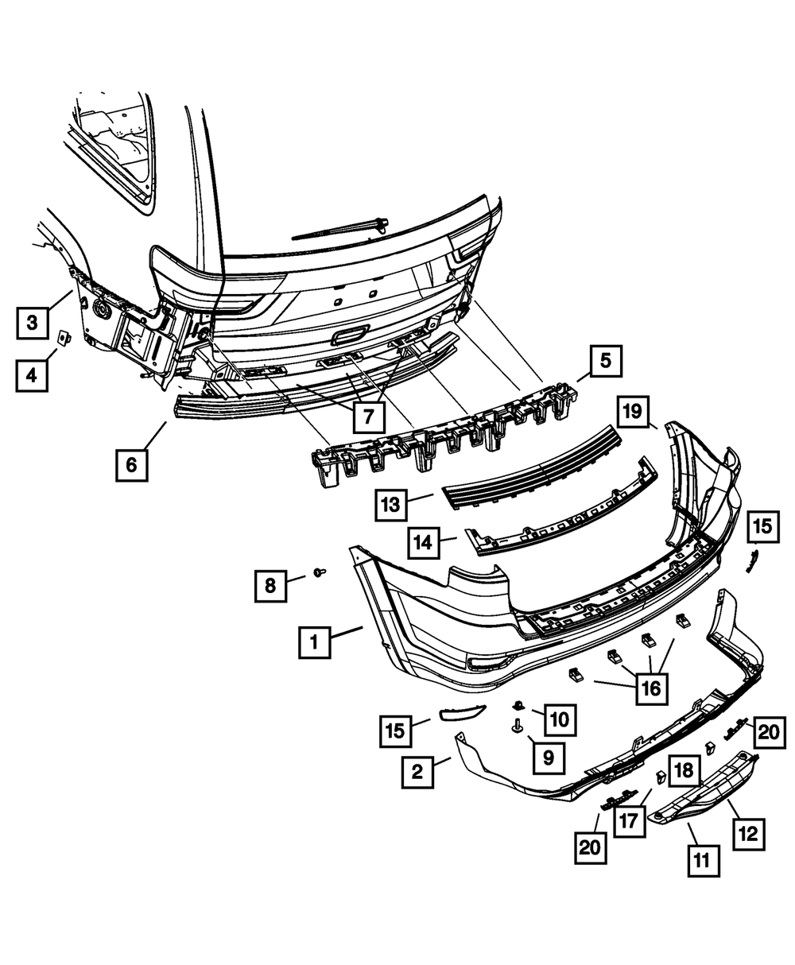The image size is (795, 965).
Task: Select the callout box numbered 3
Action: pyautogui.click(x=32, y=322)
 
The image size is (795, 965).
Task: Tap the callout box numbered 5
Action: pyautogui.click(x=605, y=362)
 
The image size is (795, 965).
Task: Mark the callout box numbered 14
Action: pyautogui.click(x=425, y=544)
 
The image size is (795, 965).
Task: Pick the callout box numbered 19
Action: pyautogui.click(x=632, y=412)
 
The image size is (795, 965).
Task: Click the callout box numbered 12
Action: pyautogui.click(x=750, y=834)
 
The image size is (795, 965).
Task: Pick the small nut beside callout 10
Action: pyautogui.click(x=518, y=704)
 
